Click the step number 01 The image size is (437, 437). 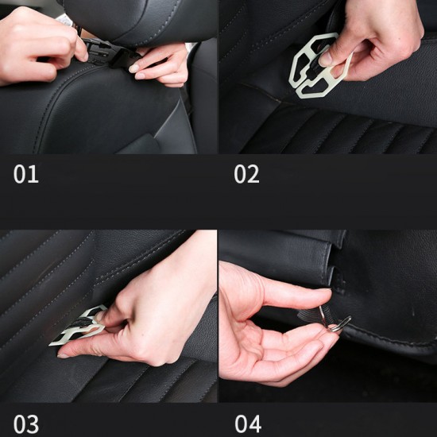25,174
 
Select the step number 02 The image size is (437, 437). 246,174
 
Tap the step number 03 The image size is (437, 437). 25,423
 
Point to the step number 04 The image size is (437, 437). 248,423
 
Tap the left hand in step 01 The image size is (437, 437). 36,44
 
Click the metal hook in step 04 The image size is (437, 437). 337,323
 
